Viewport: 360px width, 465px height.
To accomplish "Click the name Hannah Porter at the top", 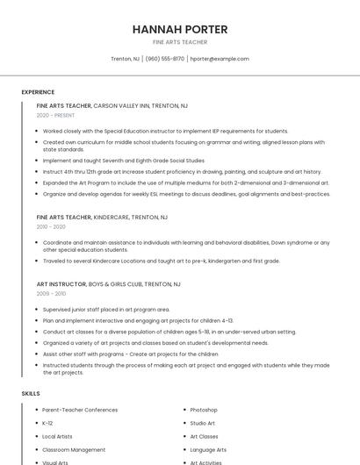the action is coord(180,29).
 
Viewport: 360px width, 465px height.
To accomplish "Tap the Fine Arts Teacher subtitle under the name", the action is coord(180,42).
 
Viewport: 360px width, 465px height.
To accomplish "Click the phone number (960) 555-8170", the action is coord(165,59).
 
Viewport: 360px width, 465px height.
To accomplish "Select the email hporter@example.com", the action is coord(220,59).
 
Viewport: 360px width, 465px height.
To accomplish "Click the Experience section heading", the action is coord(38,92).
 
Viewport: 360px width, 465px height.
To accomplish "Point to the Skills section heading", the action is coord(31,394).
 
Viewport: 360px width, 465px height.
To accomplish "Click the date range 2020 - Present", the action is coord(55,115).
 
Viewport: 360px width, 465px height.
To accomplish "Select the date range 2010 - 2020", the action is coord(51,226).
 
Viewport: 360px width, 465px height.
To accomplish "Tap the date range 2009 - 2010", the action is coord(51,294).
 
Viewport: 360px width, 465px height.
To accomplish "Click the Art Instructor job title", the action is coord(61,284).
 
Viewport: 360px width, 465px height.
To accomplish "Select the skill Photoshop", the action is coord(204,410).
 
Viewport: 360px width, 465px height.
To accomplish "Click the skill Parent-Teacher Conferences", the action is coord(80,410).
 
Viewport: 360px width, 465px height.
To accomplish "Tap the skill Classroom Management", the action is coord(74,449).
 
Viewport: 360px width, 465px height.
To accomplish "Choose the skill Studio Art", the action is coord(203,423).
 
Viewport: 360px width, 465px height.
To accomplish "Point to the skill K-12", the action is coord(47,423).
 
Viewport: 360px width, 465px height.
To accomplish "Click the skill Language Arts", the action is coord(208,449).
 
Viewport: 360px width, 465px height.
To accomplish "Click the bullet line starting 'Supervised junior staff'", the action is coord(106,309).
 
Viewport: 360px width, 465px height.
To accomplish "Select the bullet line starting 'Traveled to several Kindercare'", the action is coord(161,261).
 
